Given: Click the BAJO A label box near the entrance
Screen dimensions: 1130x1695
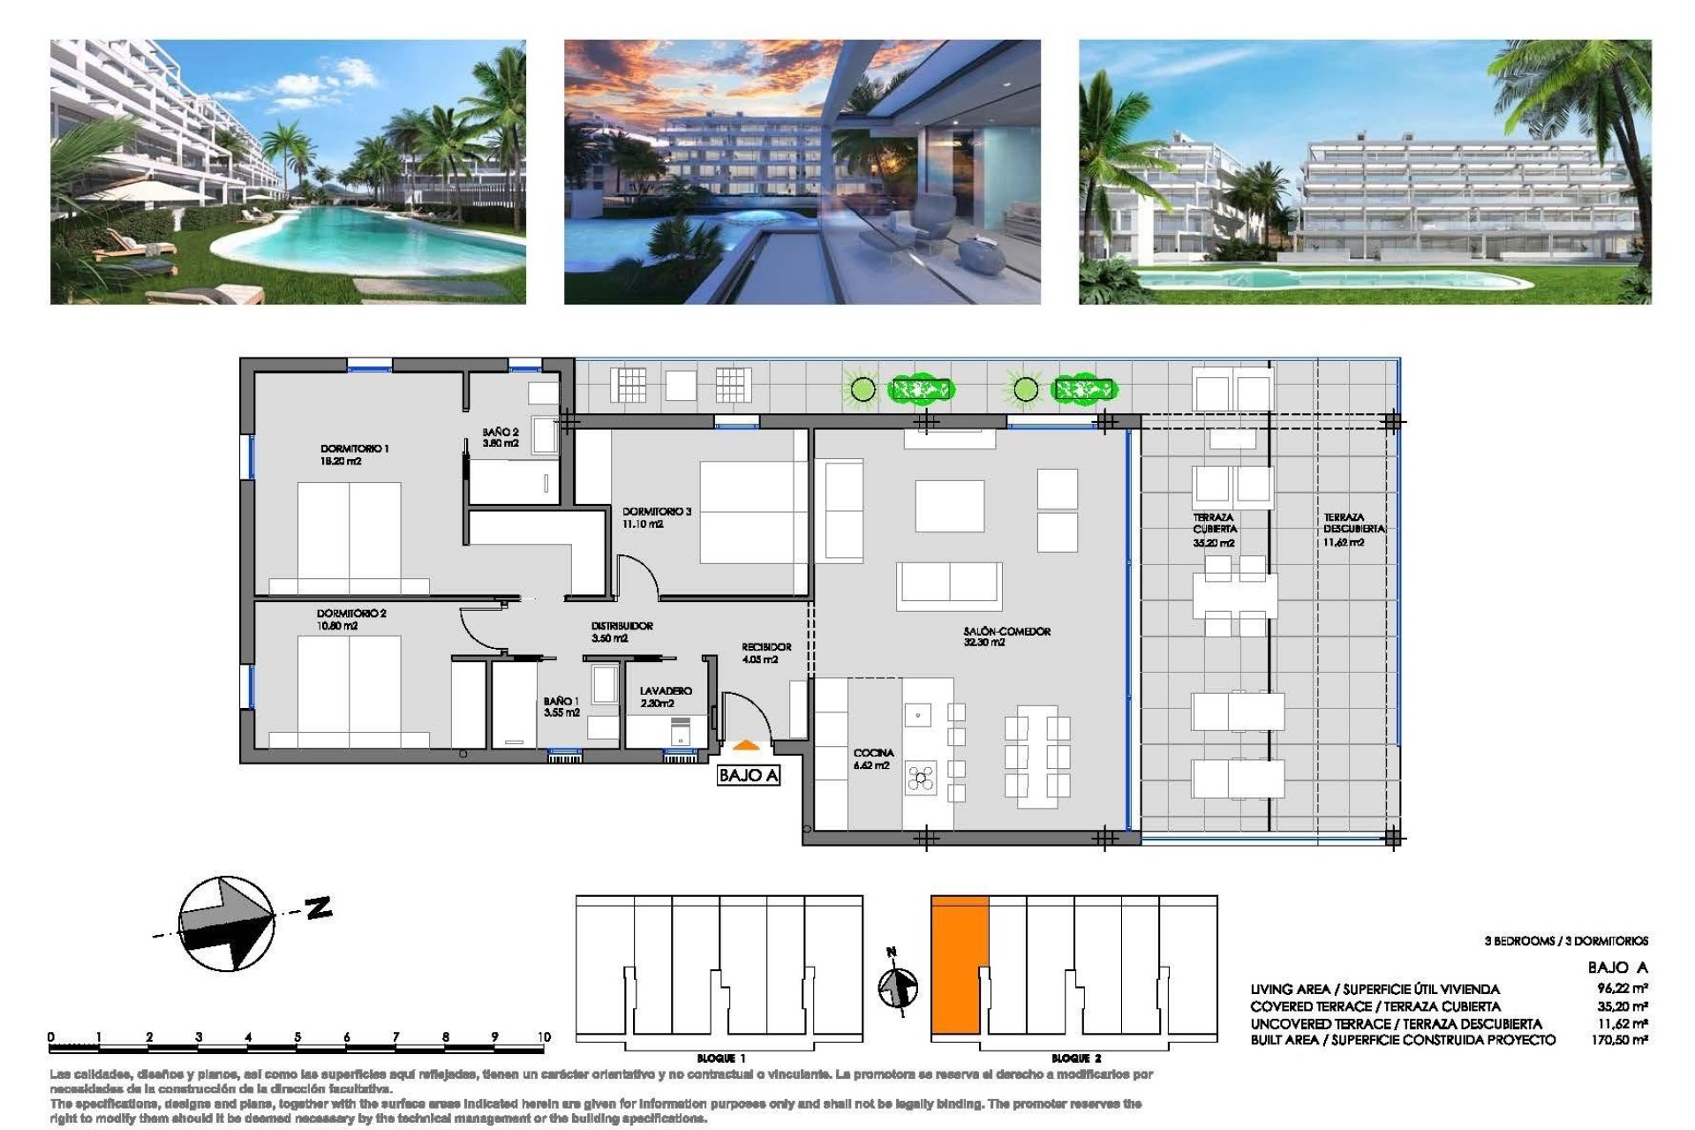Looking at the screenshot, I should pos(748,775).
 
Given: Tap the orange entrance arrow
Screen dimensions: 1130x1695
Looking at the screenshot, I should pos(746,746).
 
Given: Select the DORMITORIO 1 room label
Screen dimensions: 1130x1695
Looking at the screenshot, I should pos(354,454).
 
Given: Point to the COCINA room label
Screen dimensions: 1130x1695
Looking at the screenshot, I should pos(873,758).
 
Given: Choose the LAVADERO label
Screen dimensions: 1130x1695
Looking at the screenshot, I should pos(666,697).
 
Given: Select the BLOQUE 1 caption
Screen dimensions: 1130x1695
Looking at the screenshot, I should pos(720,1058).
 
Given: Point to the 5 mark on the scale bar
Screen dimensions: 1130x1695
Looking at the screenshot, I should pos(298,1037).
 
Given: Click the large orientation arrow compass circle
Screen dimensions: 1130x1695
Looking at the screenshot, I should pos(227,923).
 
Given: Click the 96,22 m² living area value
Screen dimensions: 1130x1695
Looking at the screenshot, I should pos(1622,989).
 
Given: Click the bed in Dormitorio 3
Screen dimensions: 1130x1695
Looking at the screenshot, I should pos(753,512).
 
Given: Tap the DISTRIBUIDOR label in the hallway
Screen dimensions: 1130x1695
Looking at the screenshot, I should pos(621,631).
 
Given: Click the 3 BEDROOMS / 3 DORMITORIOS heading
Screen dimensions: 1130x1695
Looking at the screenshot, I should pos(1565,941).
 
